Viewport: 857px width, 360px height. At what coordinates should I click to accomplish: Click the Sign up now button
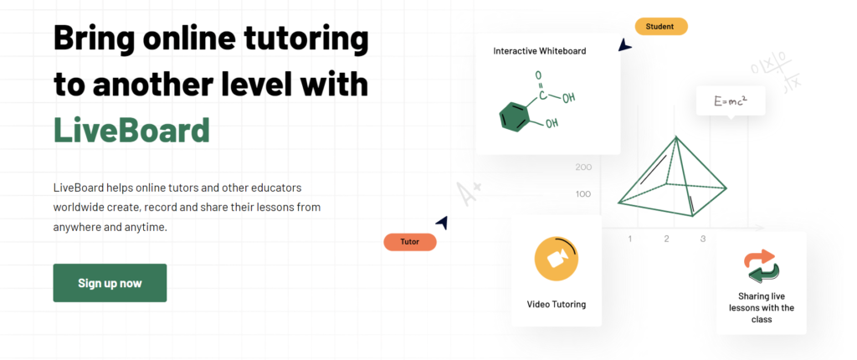[110, 283]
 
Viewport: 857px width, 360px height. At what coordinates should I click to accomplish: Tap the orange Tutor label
[410, 242]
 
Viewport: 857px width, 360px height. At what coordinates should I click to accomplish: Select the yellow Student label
[661, 26]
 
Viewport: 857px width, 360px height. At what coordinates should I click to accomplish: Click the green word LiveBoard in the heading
[131, 130]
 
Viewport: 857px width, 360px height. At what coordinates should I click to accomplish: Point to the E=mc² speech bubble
[730, 101]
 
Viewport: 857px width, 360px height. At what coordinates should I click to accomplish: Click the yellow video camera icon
[556, 259]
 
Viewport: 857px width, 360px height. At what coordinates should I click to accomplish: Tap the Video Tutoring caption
[556, 304]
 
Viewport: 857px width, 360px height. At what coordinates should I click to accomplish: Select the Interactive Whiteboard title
[540, 51]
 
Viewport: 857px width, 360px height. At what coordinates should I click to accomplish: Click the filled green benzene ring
[515, 116]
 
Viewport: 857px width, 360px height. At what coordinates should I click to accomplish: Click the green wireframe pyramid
[672, 176]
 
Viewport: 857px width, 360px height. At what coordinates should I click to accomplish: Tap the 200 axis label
[583, 167]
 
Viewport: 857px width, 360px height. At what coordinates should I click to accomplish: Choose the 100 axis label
[583, 193]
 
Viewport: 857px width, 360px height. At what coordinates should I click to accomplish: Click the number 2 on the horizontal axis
[666, 239]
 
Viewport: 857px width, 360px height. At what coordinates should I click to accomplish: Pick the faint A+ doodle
[469, 193]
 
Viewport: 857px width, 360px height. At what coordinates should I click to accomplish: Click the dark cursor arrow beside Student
[624, 45]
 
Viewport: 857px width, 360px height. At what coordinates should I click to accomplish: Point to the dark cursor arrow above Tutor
[442, 222]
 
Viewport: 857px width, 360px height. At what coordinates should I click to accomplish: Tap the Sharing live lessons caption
[762, 307]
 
